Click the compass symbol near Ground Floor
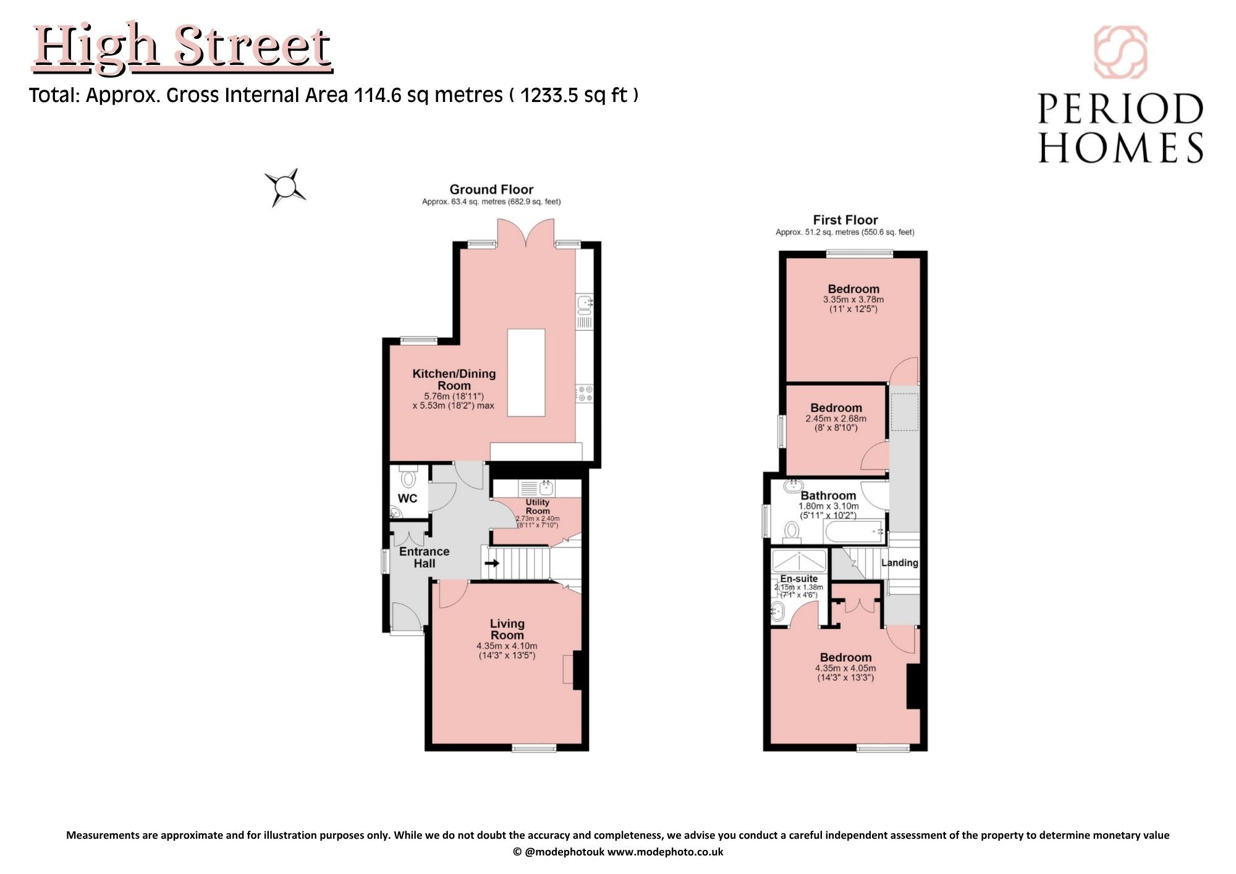(285, 187)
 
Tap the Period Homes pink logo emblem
(1120, 53)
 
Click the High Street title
(182, 48)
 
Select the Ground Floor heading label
(491, 190)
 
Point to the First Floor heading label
(845, 220)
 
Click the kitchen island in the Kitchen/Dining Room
(527, 373)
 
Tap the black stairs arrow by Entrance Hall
(492, 563)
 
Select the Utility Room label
(538, 507)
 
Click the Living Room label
(507, 629)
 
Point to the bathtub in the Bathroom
(853, 531)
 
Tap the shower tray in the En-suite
(799, 561)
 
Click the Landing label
(899, 562)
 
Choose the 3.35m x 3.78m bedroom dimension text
(853, 300)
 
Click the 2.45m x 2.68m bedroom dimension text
(836, 418)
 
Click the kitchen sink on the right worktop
(585, 303)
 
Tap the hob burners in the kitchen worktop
(585, 394)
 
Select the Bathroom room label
(828, 496)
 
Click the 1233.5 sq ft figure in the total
(574, 95)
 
